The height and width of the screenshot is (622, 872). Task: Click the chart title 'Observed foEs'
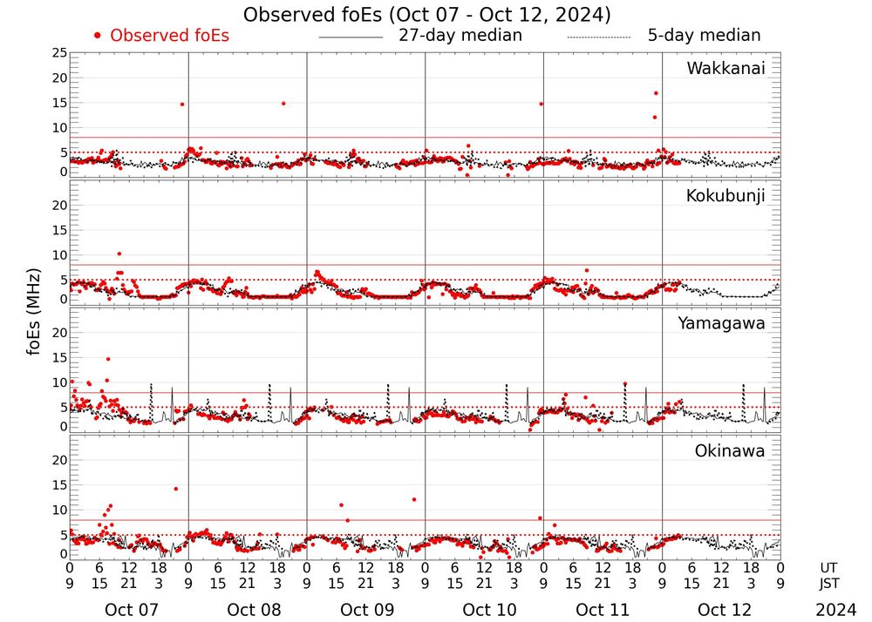[x=426, y=15]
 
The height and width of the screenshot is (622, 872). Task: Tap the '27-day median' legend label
[x=460, y=36]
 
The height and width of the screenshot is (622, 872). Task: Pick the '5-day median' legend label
[x=704, y=36]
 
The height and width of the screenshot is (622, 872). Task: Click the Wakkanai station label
[x=726, y=69]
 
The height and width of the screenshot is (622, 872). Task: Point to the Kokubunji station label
[x=726, y=196]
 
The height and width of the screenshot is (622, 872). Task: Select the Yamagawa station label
[x=721, y=323]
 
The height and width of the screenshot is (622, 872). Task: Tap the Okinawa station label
[x=730, y=451]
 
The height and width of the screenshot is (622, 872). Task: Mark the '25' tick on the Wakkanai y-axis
[x=59, y=53]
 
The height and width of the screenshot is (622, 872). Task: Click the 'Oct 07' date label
[x=131, y=610]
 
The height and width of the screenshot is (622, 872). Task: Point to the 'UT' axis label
[x=828, y=566]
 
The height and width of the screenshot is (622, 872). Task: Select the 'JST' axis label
[x=828, y=583]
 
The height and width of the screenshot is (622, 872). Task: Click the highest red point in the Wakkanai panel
[x=655, y=93]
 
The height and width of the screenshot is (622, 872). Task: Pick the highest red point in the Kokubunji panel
[x=119, y=254]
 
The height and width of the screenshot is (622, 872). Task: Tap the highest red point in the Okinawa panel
[x=176, y=489]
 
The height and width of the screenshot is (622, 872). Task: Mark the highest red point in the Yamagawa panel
[x=108, y=359]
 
